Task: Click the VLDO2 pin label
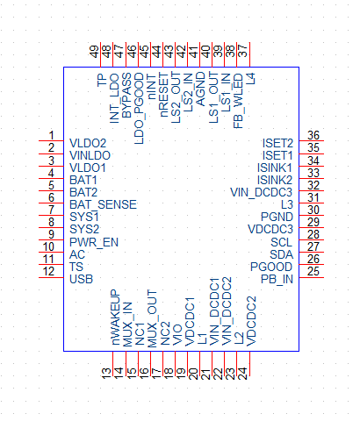88,143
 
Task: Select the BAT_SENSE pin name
103,204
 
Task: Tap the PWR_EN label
94,242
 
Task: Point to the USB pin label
81,279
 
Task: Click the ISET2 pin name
277,143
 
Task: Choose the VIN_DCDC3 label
261,192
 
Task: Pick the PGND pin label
277,217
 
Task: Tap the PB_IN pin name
277,279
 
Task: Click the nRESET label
164,95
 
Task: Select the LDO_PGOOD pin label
140,108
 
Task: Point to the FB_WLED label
238,101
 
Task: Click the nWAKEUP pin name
115,318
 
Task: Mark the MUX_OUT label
152,318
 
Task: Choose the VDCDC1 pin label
191,322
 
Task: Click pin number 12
48,272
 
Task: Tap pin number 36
313,135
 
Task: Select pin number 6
51,197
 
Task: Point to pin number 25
313,272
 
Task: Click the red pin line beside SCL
311,240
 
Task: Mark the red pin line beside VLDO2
51,141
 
